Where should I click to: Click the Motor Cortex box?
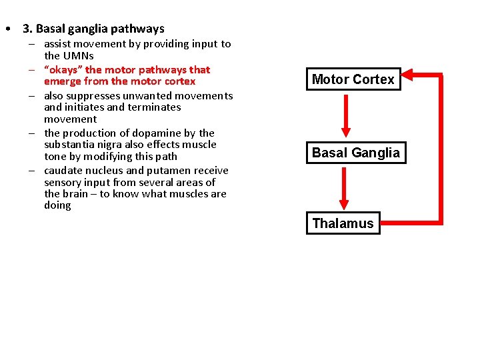(x=353, y=80)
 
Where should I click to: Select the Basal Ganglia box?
(x=356, y=153)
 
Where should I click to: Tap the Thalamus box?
(x=343, y=223)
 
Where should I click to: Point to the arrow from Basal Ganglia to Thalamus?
(x=344, y=187)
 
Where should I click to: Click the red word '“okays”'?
(x=63, y=69)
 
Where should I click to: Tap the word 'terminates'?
(x=155, y=107)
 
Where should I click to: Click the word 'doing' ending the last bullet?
(x=57, y=206)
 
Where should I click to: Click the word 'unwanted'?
(x=145, y=95)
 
